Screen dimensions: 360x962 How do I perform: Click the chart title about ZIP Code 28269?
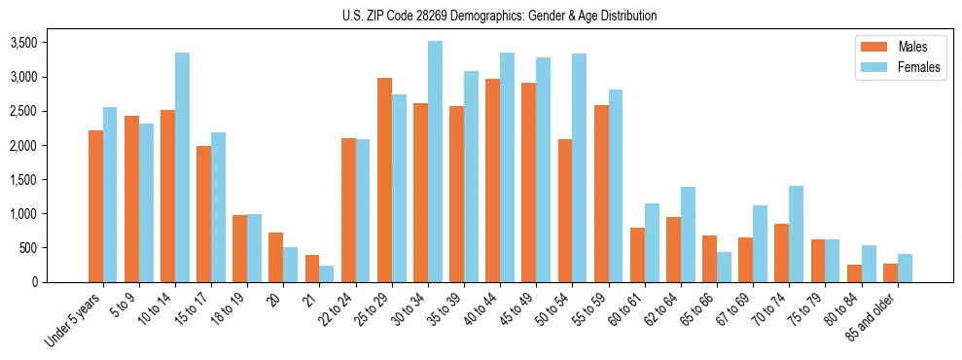coord(499,16)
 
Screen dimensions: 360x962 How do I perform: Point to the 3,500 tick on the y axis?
coord(23,43)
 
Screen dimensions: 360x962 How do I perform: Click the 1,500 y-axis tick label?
coord(23,180)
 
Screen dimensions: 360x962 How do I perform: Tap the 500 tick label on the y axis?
coord(29,248)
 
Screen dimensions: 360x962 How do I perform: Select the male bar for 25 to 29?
coord(385,180)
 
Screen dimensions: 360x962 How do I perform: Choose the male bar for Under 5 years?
coord(95,206)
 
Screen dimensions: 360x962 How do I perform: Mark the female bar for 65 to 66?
coord(725,267)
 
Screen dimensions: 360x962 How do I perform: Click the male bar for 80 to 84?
coord(854,273)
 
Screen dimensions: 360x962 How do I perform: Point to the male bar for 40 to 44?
coord(493,180)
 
